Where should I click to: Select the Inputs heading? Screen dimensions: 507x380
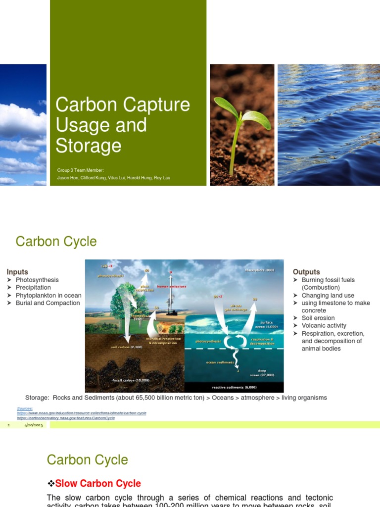(x=17, y=272)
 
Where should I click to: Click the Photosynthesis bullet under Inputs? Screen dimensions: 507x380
(x=37, y=280)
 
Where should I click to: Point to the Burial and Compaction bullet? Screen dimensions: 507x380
(x=47, y=303)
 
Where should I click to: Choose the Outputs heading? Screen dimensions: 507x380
(x=306, y=272)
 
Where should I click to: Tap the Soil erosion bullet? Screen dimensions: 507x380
(x=318, y=318)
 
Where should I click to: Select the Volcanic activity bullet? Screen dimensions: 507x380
(x=324, y=326)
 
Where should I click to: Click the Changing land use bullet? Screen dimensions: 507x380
(x=328, y=296)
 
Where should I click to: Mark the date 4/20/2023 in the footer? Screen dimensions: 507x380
(x=33, y=425)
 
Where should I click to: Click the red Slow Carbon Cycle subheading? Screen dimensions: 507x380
(x=98, y=484)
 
